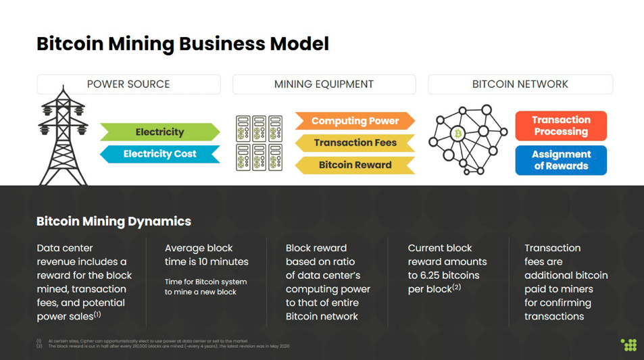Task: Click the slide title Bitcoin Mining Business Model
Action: click(x=182, y=44)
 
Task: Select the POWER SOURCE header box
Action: click(x=128, y=84)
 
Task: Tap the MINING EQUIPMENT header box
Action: click(x=324, y=84)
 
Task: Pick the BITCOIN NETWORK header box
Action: click(x=520, y=84)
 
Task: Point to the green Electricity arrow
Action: click(x=159, y=132)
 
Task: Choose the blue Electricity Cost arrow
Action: click(x=159, y=154)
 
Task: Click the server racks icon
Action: click(x=259, y=143)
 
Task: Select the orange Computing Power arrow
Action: click(x=355, y=121)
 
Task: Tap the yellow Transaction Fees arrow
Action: click(x=355, y=143)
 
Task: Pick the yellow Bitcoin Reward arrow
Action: click(x=355, y=165)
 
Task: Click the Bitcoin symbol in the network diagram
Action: click(x=458, y=134)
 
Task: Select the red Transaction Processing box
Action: click(x=561, y=126)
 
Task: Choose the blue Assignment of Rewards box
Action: click(x=561, y=160)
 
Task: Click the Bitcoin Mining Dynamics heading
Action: click(x=114, y=221)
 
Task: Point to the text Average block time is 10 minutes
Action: click(x=207, y=255)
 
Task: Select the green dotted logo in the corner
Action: click(x=628, y=344)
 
